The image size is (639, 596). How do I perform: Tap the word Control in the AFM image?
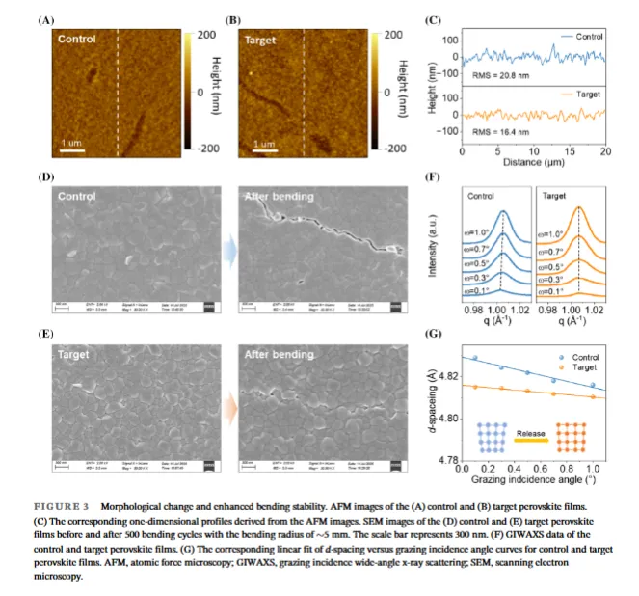77,40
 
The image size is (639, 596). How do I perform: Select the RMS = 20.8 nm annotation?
501,73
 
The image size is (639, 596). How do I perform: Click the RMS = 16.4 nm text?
501,130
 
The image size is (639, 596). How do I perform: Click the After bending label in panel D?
279,197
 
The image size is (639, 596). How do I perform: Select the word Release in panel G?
533,435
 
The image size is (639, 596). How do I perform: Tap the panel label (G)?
434,335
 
